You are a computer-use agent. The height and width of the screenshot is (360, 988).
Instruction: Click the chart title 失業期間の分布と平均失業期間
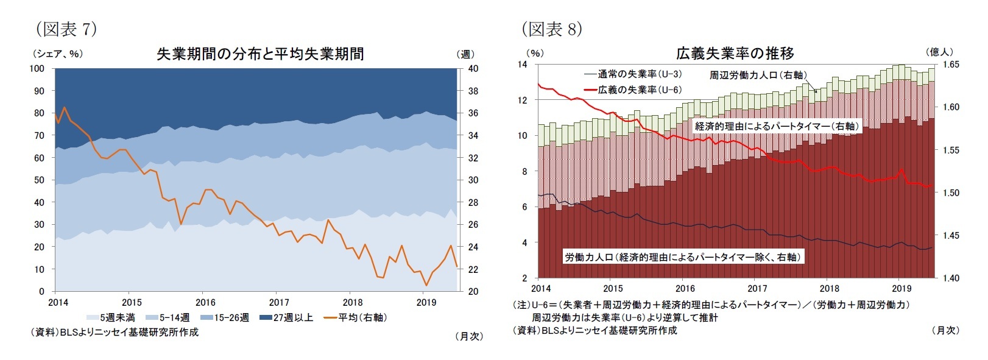pyautogui.click(x=260, y=54)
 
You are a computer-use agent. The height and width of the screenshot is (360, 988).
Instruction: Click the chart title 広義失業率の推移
pyautogui.click(x=735, y=54)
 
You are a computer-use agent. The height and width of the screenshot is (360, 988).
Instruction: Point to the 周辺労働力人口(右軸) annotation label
pyautogui.click(x=758, y=75)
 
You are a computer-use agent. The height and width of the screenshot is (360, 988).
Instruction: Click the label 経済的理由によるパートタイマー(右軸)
pyautogui.click(x=777, y=126)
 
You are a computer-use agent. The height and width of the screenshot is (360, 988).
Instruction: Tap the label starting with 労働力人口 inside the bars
pyautogui.click(x=682, y=257)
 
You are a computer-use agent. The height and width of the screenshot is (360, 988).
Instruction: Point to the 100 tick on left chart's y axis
pyautogui.click(x=37, y=68)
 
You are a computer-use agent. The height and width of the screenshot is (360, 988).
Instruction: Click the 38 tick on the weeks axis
pyautogui.click(x=473, y=91)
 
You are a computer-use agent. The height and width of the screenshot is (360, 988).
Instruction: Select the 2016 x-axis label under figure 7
pyautogui.click(x=205, y=302)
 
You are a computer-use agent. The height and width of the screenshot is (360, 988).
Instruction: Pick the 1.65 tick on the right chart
pyautogui.click(x=951, y=64)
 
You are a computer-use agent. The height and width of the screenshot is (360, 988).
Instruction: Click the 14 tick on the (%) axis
pyautogui.click(x=522, y=64)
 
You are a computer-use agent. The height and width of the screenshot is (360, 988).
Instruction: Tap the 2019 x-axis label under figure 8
pyautogui.click(x=901, y=289)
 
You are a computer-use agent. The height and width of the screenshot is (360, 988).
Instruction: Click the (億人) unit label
pyautogui.click(x=939, y=52)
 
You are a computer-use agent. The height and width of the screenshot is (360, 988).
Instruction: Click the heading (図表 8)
pyautogui.click(x=552, y=29)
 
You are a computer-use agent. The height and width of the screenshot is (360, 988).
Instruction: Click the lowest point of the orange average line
pyautogui.click(x=426, y=284)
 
